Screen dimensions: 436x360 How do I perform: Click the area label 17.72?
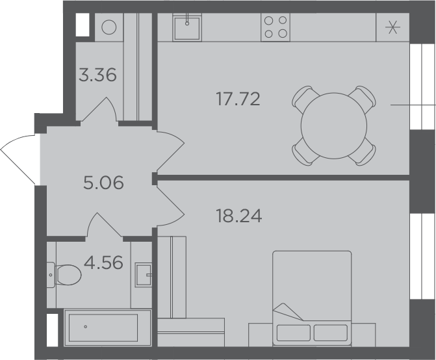click(238, 99)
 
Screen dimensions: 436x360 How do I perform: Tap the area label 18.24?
click(239, 216)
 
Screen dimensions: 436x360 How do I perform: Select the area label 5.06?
click(103, 183)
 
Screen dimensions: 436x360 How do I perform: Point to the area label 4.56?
click(103, 263)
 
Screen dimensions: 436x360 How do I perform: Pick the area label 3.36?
click(97, 75)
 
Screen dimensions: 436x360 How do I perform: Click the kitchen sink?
click(187, 27)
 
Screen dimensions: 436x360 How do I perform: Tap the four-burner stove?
click(276, 27)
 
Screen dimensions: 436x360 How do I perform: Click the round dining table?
click(334, 126)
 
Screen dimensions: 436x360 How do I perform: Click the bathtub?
click(107, 328)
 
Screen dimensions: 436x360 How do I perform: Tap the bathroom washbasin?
click(144, 275)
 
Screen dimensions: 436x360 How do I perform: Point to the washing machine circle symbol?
click(109, 27)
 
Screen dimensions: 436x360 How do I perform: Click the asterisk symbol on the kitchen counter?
click(392, 27)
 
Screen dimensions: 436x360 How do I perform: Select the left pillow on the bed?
click(294, 333)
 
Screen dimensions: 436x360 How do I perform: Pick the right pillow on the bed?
click(331, 333)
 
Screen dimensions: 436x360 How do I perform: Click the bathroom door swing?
click(104, 225)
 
